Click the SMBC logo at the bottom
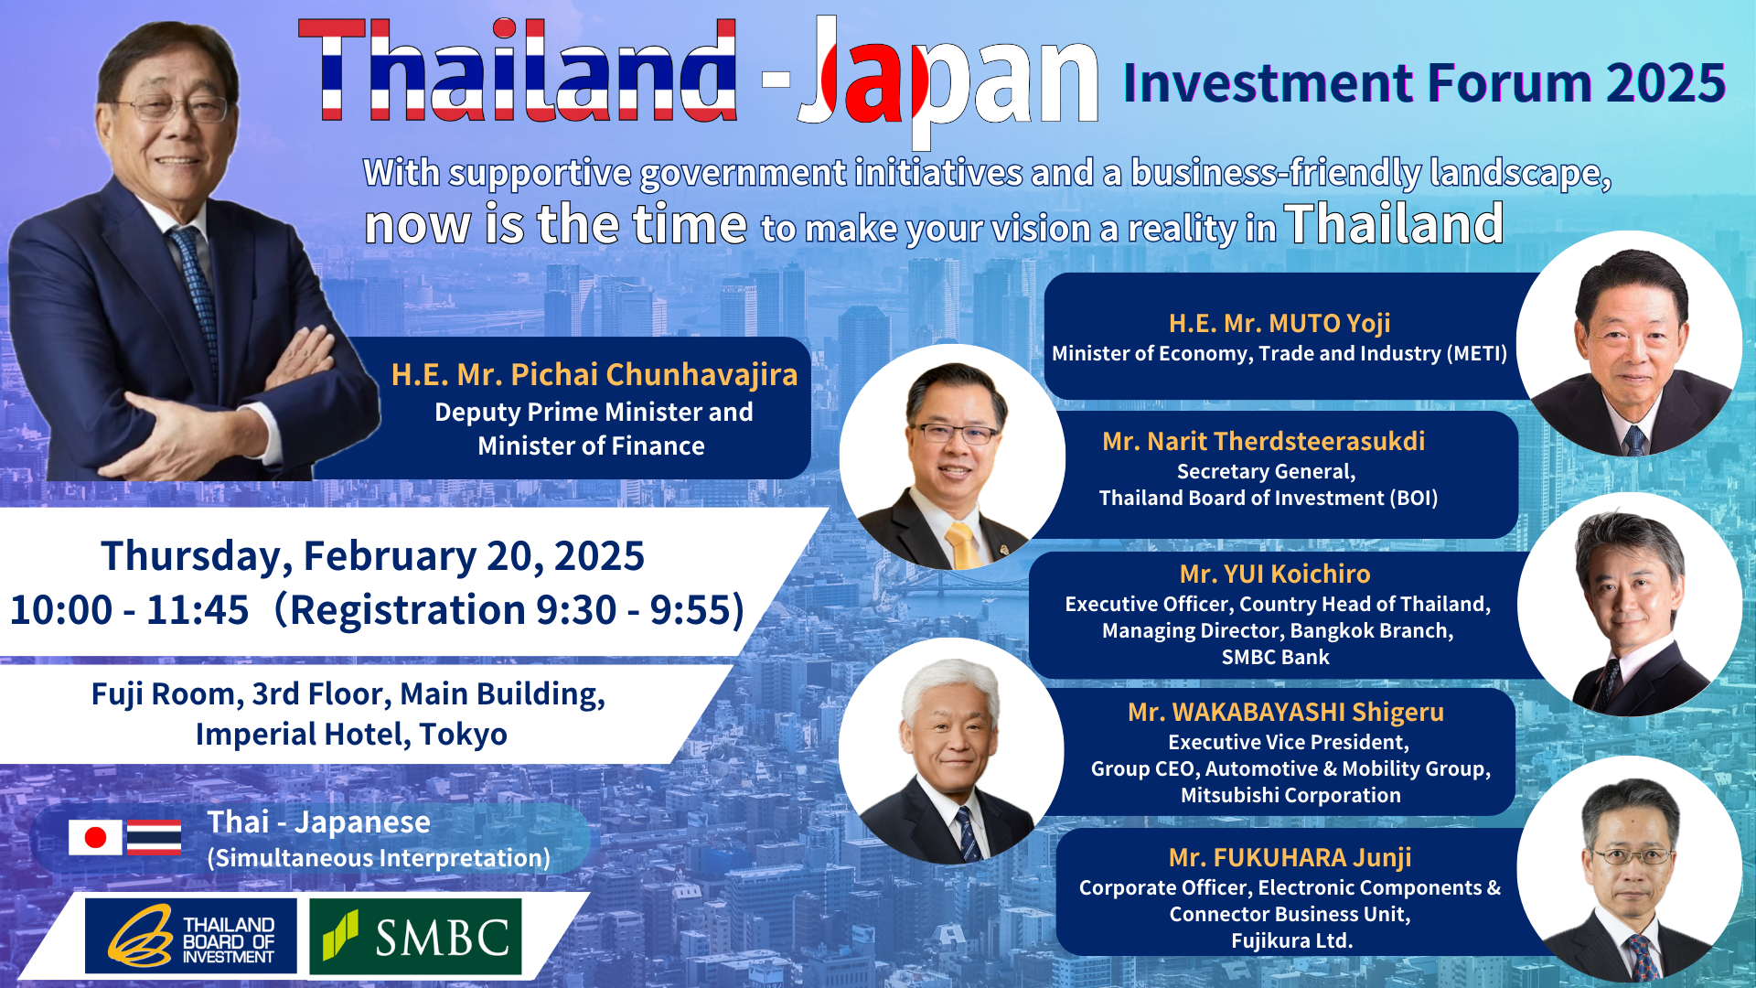click(x=415, y=936)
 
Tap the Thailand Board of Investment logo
click(x=191, y=936)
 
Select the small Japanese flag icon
click(x=95, y=837)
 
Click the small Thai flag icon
click(x=154, y=837)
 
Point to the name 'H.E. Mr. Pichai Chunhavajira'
click(x=594, y=375)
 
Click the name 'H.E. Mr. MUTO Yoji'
click(x=1280, y=323)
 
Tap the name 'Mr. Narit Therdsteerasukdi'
click(x=1264, y=441)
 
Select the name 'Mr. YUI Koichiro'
click(x=1275, y=574)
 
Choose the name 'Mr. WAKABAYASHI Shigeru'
click(x=1286, y=712)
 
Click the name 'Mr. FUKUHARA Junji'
click(x=1290, y=857)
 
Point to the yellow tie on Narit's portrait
click(x=962, y=545)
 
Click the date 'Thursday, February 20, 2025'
click(x=372, y=555)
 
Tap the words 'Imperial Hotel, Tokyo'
click(x=351, y=734)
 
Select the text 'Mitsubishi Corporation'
click(x=1290, y=795)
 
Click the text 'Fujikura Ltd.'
click(x=1291, y=940)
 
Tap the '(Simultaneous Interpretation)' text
click(x=379, y=858)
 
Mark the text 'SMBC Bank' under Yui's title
click(x=1275, y=657)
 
